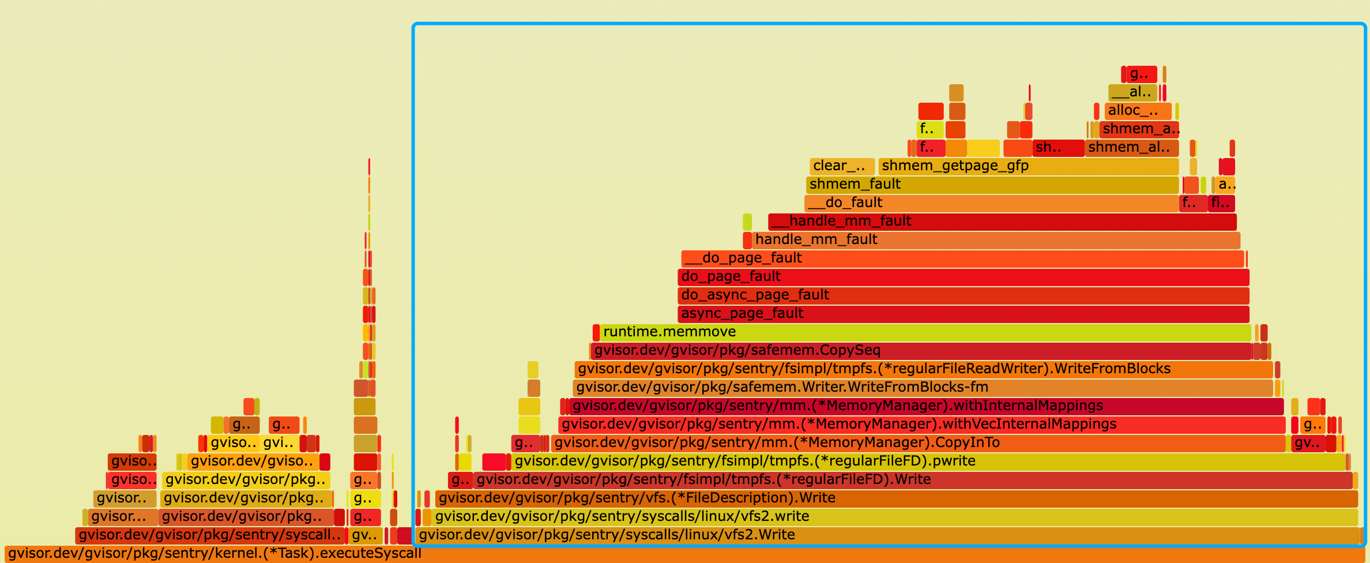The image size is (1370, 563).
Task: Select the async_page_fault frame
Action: [963, 314]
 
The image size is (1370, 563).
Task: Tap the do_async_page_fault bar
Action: [963, 295]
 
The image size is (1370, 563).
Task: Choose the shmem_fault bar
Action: [992, 185]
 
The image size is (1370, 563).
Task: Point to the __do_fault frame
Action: [992, 203]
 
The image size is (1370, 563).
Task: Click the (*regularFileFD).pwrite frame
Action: [928, 461]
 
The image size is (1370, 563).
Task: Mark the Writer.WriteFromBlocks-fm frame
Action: [923, 388]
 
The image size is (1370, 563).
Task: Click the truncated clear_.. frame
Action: [842, 166]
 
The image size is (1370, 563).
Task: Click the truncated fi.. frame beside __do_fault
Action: [1221, 203]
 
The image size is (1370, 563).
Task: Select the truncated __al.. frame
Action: [1132, 92]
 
